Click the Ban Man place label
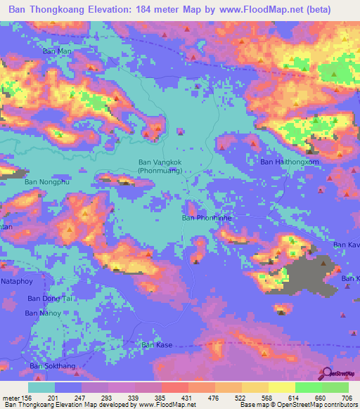(58, 51)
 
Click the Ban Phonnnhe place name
(207, 218)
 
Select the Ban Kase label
(157, 345)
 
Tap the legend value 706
(347, 398)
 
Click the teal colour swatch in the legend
(41, 387)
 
